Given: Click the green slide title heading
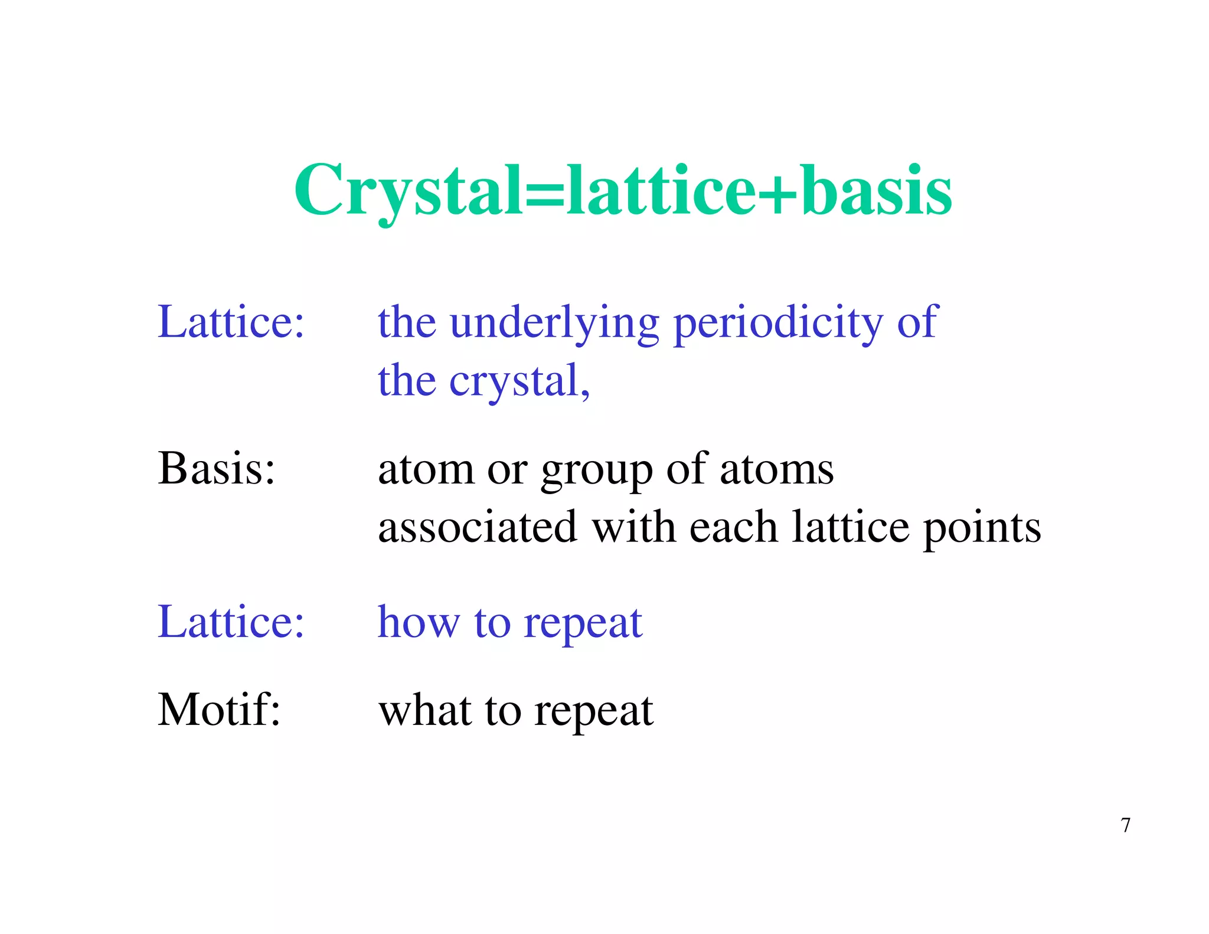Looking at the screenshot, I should [623, 190].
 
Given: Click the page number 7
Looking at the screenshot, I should [1126, 825].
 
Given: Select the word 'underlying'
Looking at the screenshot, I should [554, 323].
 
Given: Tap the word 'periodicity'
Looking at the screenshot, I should [778, 323].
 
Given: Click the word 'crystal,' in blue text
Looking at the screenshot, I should [519, 381].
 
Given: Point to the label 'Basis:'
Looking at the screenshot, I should [217, 468].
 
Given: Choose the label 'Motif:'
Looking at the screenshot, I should [219, 709].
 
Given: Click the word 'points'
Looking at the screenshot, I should [982, 528].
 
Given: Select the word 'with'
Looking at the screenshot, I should [633, 527].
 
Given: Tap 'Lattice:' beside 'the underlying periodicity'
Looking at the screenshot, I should [231, 322].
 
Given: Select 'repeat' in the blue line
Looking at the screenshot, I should [583, 623].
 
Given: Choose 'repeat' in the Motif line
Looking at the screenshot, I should [593, 711].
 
